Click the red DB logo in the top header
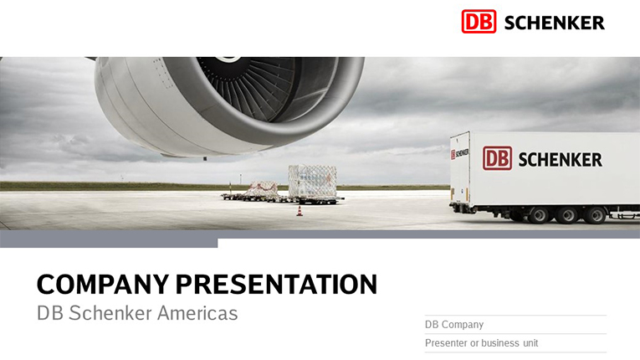(479, 22)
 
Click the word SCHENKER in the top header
(555, 23)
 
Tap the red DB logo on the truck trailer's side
(497, 158)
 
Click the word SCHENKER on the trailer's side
(560, 159)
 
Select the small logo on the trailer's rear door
(459, 154)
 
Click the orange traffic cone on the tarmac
(300, 211)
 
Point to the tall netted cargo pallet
(313, 182)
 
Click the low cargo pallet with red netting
(262, 188)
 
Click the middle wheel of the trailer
(567, 215)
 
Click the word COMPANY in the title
(103, 285)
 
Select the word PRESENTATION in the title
(276, 285)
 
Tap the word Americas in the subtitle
(197, 313)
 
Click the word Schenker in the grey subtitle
(110, 313)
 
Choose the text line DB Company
(454, 325)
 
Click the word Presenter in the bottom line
(446, 343)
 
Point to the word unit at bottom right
(530, 343)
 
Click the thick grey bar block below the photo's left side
(109, 239)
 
